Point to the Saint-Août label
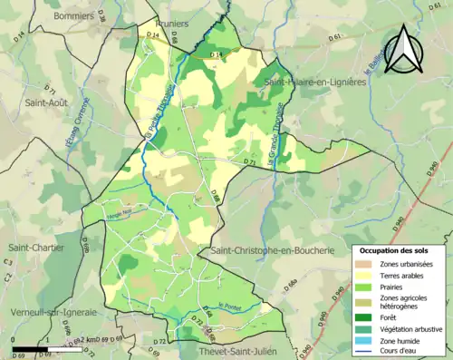(46, 102)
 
